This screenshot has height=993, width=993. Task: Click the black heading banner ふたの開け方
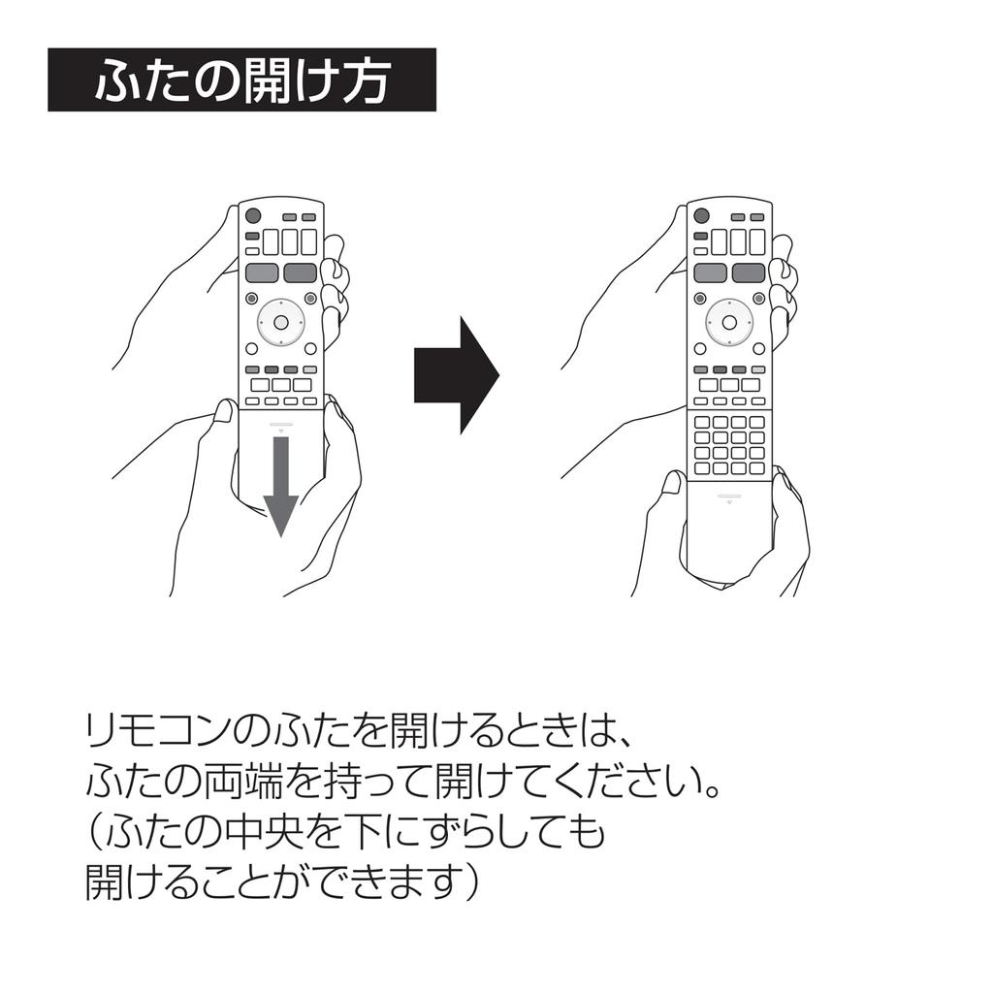(241, 80)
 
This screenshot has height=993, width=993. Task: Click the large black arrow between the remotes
(454, 374)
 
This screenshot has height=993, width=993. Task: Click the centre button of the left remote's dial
(280, 321)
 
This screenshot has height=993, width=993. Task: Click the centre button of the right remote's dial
(728, 321)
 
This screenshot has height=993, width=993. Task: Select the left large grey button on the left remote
(262, 272)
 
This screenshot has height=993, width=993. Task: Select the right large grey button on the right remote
(748, 272)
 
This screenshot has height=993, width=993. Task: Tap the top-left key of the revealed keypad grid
(702, 422)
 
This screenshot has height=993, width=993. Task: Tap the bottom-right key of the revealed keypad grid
(756, 468)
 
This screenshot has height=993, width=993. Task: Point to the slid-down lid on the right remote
(728, 524)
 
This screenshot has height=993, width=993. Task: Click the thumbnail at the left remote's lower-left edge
(224, 411)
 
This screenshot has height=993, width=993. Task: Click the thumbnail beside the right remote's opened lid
(672, 481)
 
